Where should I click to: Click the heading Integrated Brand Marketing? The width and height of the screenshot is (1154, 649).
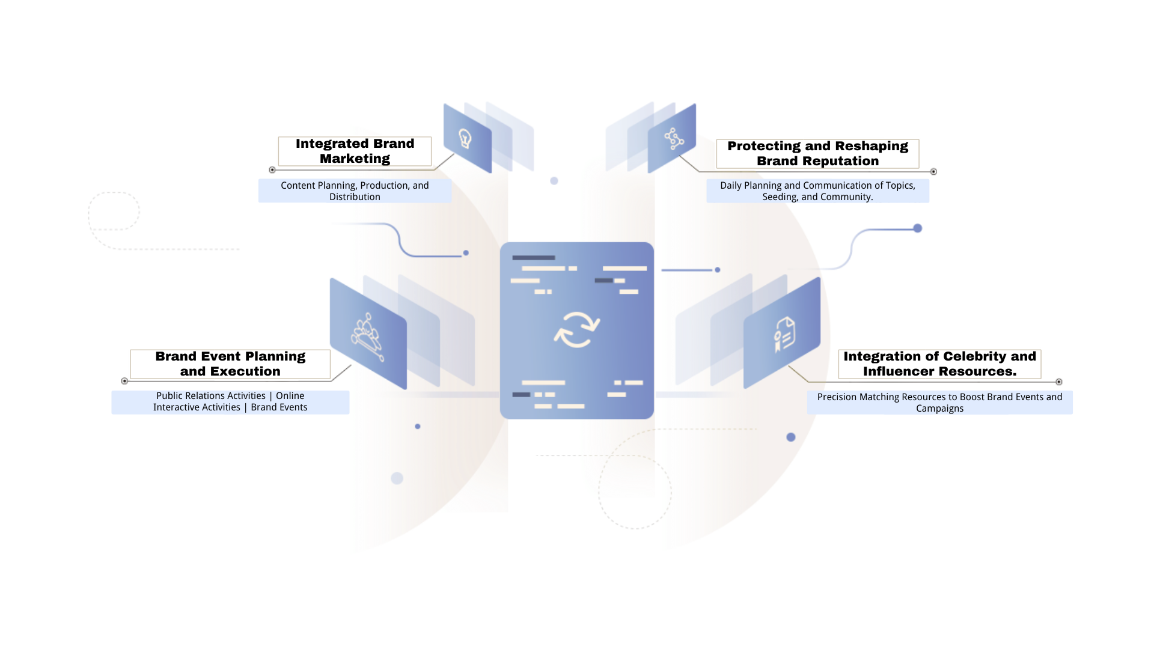tap(355, 151)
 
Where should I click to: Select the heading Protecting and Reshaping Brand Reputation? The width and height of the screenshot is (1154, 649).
tap(817, 153)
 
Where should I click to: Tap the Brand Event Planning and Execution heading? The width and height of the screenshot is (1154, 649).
tap(230, 364)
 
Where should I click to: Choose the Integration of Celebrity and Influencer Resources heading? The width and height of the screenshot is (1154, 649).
tap(939, 364)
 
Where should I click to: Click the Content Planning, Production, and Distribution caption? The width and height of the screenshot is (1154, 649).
tap(355, 191)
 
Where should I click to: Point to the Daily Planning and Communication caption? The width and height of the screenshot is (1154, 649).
tap(817, 191)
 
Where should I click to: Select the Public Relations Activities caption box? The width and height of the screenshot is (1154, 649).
tap(230, 401)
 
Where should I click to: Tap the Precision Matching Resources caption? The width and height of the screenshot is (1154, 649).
tap(939, 402)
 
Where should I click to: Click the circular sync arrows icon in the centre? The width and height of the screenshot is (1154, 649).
tap(577, 329)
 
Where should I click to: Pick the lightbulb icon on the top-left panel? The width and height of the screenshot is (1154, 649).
tap(465, 139)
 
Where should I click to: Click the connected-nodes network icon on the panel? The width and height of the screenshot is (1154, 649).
tap(674, 139)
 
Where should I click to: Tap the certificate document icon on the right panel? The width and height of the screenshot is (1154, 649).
tap(784, 334)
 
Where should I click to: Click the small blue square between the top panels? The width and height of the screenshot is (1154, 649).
tap(554, 180)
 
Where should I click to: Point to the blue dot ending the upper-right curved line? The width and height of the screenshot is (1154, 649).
tap(918, 228)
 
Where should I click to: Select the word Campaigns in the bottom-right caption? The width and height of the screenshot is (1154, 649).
tap(939, 409)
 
